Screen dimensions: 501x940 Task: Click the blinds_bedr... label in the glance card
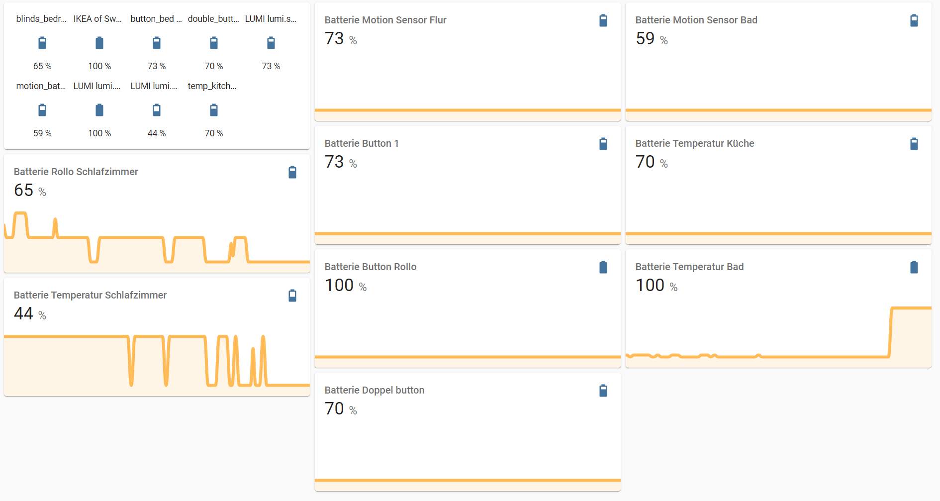41,19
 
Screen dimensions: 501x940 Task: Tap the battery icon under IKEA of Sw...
99,43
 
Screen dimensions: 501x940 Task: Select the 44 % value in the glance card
157,133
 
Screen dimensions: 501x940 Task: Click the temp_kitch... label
212,86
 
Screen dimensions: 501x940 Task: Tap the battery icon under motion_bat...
42,110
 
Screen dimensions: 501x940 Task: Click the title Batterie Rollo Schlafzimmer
76,172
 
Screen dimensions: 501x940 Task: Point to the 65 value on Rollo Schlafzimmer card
24,190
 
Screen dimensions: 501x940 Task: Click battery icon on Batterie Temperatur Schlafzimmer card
292,296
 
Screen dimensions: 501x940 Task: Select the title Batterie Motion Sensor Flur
385,20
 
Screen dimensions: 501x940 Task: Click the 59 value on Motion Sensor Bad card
645,39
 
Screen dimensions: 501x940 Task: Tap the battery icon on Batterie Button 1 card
603,144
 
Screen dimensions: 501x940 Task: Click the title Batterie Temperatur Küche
695,143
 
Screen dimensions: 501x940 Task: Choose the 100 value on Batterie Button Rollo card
339,286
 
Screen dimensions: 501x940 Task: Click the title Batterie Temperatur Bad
689,267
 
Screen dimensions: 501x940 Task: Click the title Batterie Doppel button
375,390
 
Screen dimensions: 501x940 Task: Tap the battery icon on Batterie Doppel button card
603,391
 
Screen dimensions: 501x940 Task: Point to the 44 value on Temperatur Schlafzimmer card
24,313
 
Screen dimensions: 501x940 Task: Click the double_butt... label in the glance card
213,19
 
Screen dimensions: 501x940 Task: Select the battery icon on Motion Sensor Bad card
914,20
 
